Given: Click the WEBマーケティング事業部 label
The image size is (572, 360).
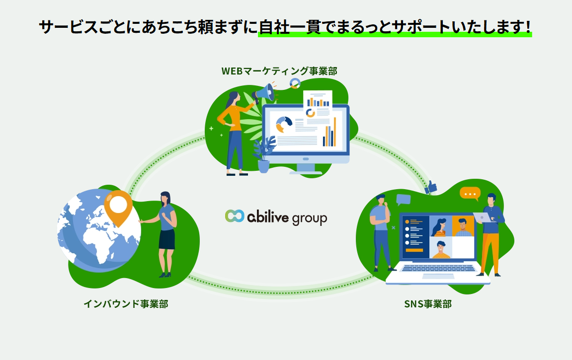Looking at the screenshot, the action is [279, 71].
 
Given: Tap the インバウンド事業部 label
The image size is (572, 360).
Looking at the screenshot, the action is [126, 303].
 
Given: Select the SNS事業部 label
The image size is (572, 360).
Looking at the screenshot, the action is [428, 303].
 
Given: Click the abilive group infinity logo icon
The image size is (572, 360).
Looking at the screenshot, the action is [235, 216].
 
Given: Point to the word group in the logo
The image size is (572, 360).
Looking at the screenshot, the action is [309, 219].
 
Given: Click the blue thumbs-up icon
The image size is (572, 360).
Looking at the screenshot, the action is [431, 187].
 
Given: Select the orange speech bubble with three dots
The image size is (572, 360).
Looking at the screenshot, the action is [470, 194].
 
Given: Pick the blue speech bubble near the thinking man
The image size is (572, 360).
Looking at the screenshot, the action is [404, 200].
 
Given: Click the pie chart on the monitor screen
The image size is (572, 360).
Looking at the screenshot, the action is [284, 124].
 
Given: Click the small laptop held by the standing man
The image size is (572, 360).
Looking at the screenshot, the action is [484, 217].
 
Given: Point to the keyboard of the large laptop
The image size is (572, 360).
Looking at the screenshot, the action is [438, 268].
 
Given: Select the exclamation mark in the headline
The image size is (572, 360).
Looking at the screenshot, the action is [527, 27].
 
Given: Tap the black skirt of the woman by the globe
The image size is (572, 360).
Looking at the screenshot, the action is [167, 239].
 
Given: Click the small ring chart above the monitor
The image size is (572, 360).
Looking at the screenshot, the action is [295, 83].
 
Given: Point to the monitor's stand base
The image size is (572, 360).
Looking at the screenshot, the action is [306, 172].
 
